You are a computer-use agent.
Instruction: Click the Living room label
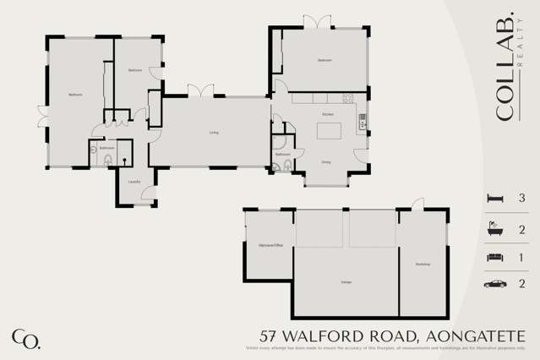click(x=215, y=132)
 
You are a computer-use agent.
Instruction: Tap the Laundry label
click(x=134, y=182)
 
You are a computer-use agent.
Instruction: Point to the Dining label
click(x=325, y=161)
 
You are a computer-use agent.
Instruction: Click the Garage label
click(x=346, y=281)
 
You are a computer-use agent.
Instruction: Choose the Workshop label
click(x=423, y=265)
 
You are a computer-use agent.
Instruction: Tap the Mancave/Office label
click(x=269, y=246)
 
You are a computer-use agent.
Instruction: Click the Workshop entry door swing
click(x=416, y=204)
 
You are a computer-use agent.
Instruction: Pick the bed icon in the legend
click(x=495, y=198)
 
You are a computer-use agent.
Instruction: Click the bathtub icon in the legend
click(x=495, y=228)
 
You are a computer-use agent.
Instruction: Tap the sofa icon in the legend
click(x=495, y=256)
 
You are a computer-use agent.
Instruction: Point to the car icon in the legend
click(x=495, y=284)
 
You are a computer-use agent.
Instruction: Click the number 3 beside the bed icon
click(x=522, y=198)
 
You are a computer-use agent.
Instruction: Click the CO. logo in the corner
click(x=25, y=338)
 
